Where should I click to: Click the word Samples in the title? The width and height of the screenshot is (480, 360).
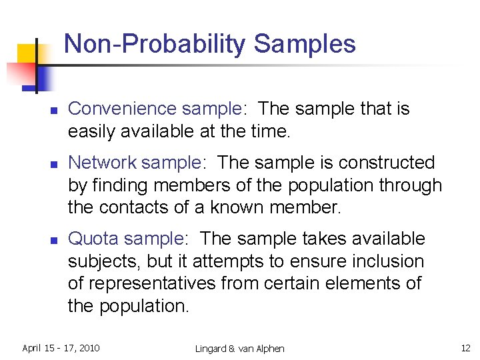click(x=305, y=44)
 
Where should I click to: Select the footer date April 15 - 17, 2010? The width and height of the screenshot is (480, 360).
click(x=61, y=348)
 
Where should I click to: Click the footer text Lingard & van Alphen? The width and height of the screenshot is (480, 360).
click(x=240, y=349)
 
